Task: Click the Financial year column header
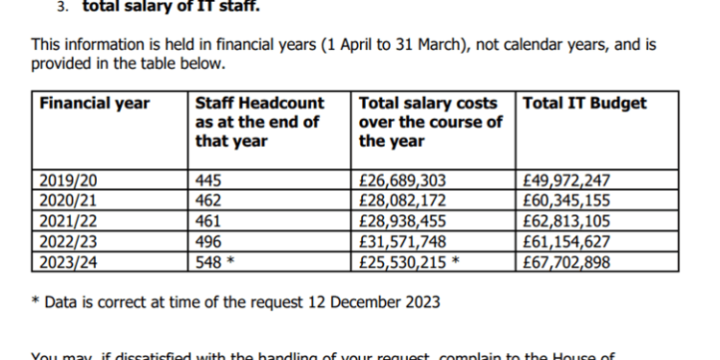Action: pos(95,104)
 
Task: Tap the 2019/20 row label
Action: pos(66,180)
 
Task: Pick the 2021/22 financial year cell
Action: pos(66,220)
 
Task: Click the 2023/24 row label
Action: pos(66,259)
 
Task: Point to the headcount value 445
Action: pos(207,180)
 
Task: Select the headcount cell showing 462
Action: pos(207,201)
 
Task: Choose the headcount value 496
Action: pos(207,240)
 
